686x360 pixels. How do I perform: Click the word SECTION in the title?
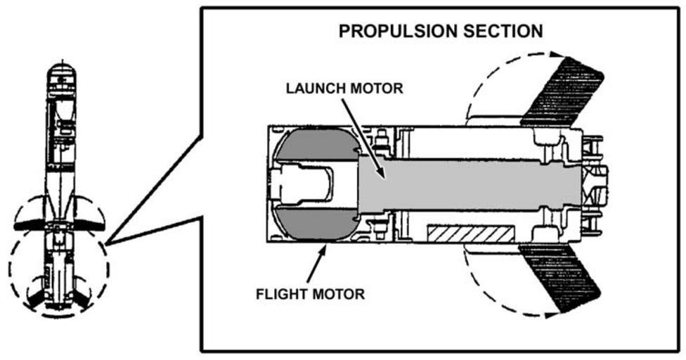pos(505,32)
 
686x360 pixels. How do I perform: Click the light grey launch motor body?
pos(478,184)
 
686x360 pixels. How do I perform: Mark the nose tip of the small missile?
pos(61,67)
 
